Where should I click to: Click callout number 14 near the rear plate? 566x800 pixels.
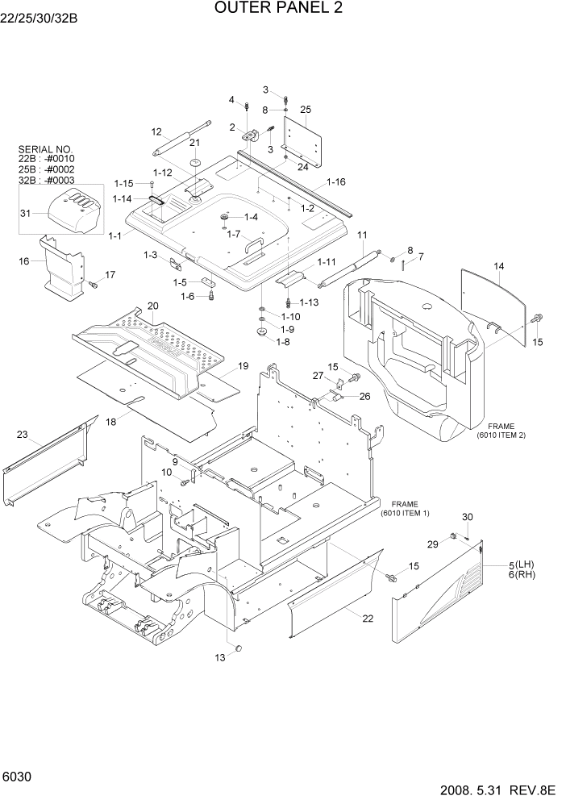pos(498,266)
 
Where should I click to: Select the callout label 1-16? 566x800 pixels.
pos(336,182)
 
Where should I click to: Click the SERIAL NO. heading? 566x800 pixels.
pos(44,149)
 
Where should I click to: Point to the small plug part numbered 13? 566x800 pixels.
pos(238,647)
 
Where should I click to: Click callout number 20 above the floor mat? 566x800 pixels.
pos(152,306)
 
